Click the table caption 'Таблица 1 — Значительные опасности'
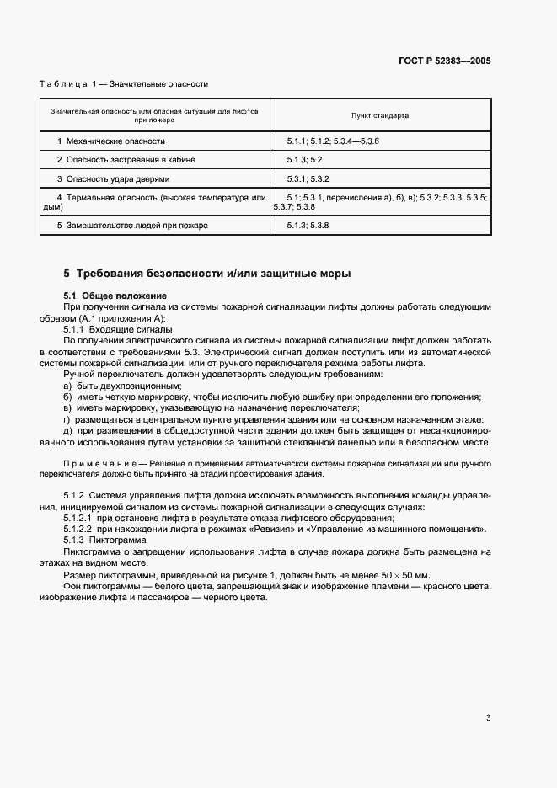[x=124, y=84]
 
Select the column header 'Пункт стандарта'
[x=379, y=114]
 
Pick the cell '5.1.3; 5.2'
[x=305, y=159]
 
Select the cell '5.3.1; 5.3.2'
[x=307, y=178]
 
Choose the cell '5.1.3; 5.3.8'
[x=307, y=226]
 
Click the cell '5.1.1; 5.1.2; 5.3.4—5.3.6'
[x=333, y=141]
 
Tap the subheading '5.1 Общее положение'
[x=115, y=295]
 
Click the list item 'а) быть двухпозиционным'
[x=122, y=384]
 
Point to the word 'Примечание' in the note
[x=97, y=464]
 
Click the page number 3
[x=488, y=718]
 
